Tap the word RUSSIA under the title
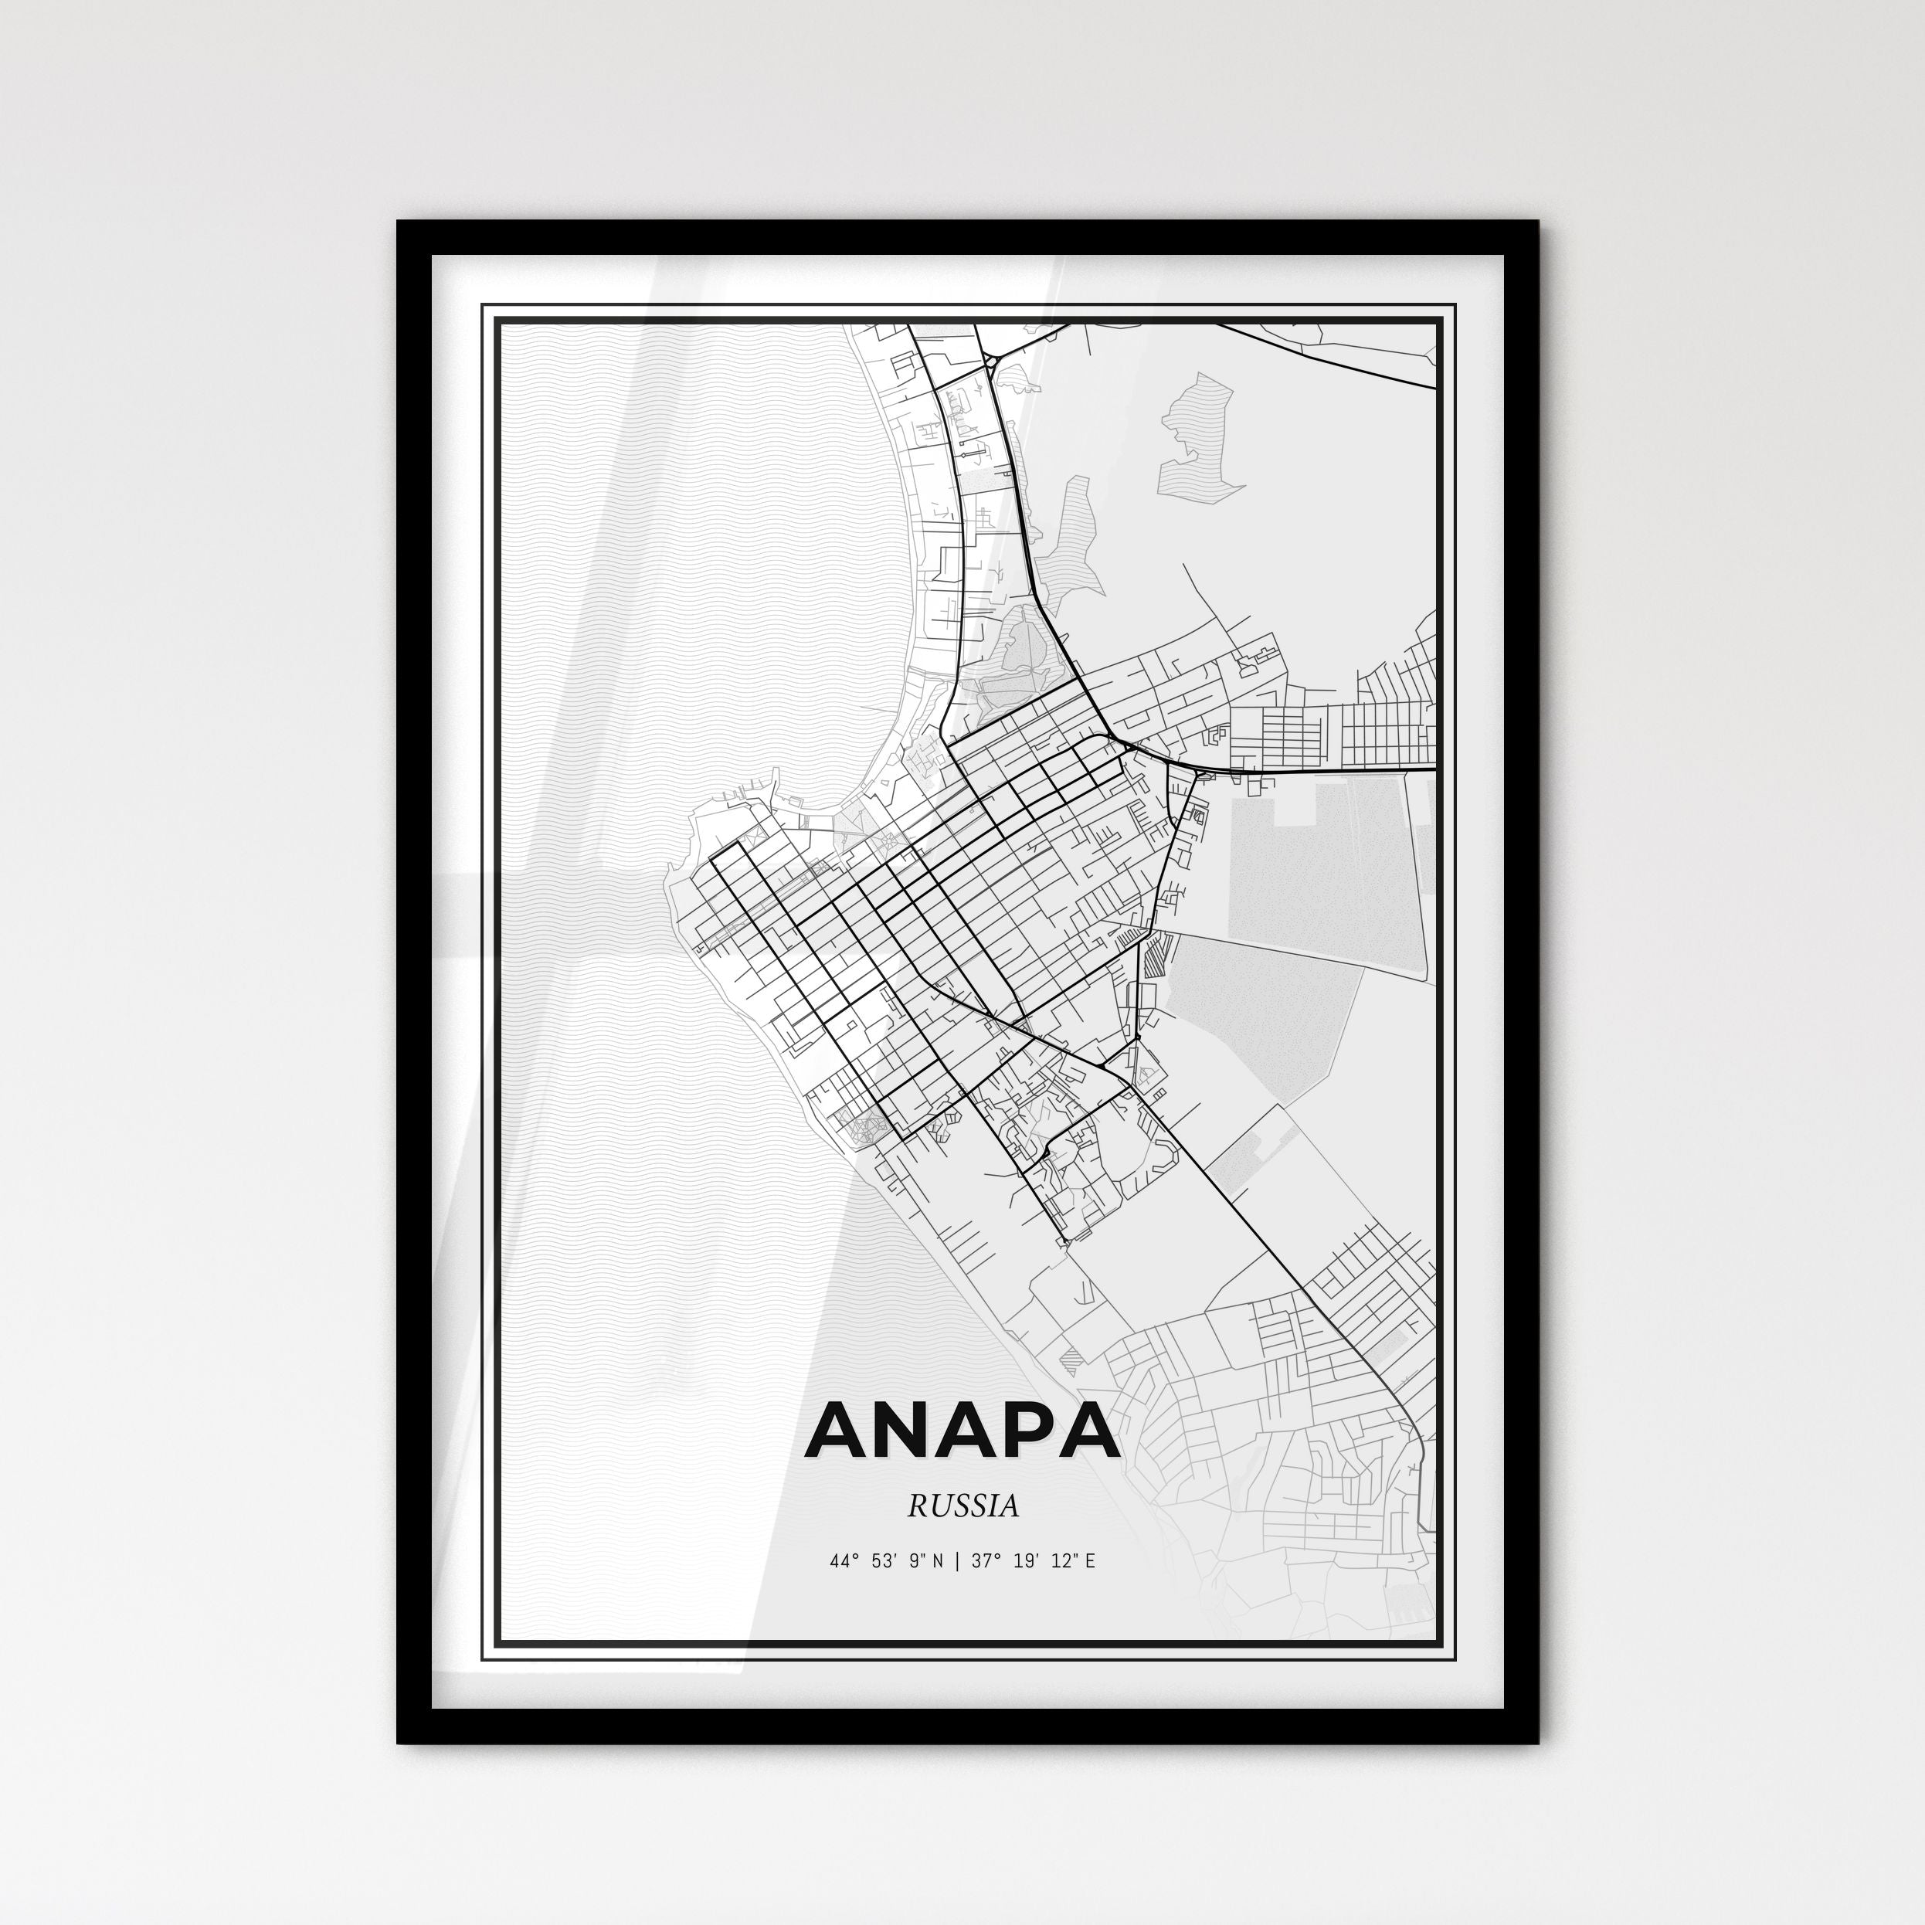tap(963, 1506)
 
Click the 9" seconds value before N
tap(918, 1560)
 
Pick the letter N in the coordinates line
tap(938, 1560)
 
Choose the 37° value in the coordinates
tap(986, 1560)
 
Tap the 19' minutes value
tap(1027, 1560)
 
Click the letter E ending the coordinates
tap(1090, 1560)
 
